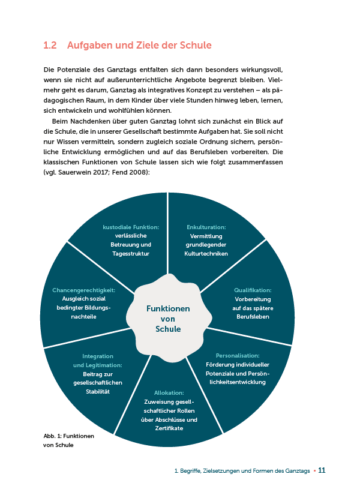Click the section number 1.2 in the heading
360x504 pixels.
pyautogui.click(x=50, y=45)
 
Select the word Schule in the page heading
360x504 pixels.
pyautogui.click(x=196, y=45)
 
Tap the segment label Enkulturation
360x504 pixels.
pyautogui.click(x=206, y=227)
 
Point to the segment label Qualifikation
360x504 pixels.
pyautogui.click(x=253, y=290)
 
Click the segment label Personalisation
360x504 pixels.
pyautogui.click(x=238, y=355)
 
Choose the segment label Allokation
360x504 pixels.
pyautogui.click(x=169, y=393)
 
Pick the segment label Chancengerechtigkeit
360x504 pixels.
pyautogui.click(x=92, y=290)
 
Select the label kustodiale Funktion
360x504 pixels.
pyautogui.click(x=131, y=227)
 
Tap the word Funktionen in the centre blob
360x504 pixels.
pyautogui.click(x=168, y=308)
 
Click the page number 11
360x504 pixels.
pyautogui.click(x=322, y=470)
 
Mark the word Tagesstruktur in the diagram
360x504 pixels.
pyautogui.click(x=131, y=253)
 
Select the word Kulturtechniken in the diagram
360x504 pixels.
pyautogui.click(x=206, y=253)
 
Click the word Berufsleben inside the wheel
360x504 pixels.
pyautogui.click(x=253, y=316)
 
